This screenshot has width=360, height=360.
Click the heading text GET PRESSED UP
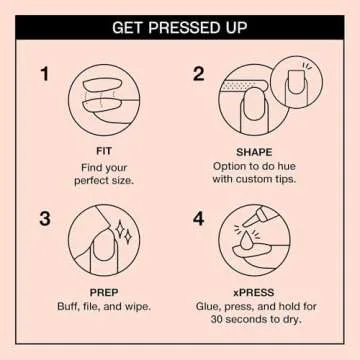[x=180, y=26]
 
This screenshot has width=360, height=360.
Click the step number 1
[x=45, y=74]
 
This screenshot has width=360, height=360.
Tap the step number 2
[x=198, y=74]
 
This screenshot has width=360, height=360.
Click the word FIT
[x=103, y=152]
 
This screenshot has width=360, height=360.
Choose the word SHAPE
[x=255, y=152]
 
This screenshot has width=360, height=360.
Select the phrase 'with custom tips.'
[x=255, y=184]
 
